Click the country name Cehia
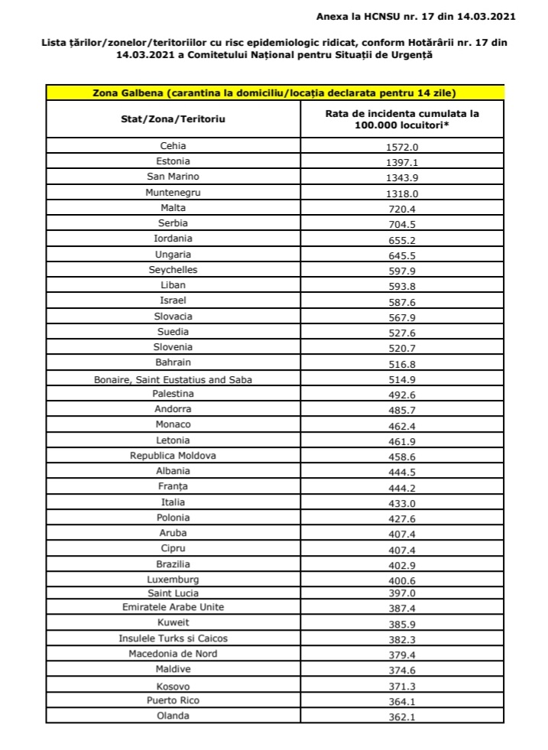[x=173, y=146]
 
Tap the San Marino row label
[x=173, y=177]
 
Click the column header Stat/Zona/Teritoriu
[x=173, y=119]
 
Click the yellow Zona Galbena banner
[x=274, y=93]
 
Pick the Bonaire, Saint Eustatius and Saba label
[x=173, y=378]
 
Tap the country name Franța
[x=173, y=486]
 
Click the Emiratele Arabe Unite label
[x=173, y=607]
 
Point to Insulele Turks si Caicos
[x=173, y=638]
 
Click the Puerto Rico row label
[x=173, y=700]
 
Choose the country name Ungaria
[x=173, y=255]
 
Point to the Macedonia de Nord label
[x=173, y=654]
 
